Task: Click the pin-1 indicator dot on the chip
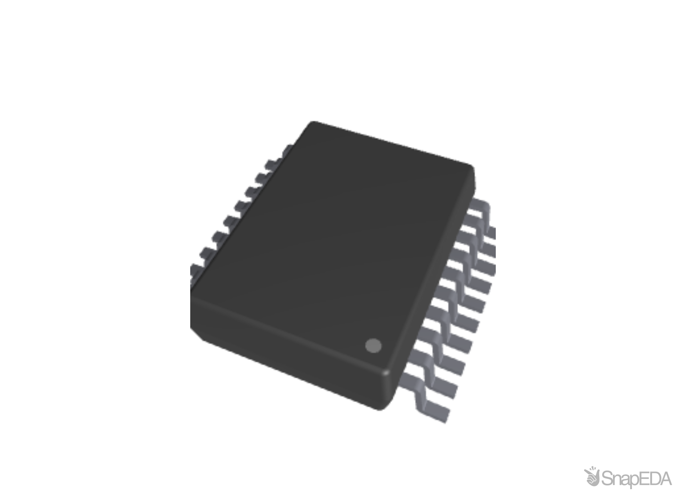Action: click(373, 346)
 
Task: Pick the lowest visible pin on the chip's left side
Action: click(194, 270)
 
